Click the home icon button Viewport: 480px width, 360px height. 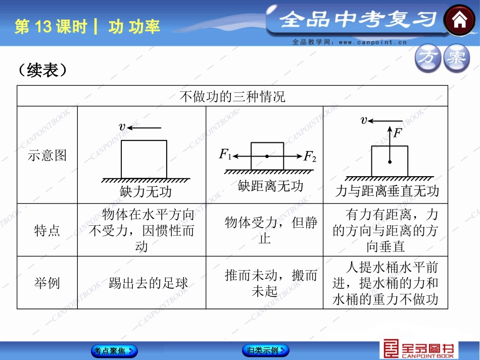459,21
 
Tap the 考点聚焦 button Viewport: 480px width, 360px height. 114,350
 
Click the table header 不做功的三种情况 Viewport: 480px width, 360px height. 232,96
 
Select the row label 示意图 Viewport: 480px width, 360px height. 47,155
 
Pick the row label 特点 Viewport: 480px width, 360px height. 47,230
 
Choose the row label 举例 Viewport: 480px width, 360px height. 47,283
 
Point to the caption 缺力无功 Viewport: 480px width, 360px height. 146,192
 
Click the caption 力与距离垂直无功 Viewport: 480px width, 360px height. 387,191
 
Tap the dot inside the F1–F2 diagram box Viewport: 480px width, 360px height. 267,157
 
